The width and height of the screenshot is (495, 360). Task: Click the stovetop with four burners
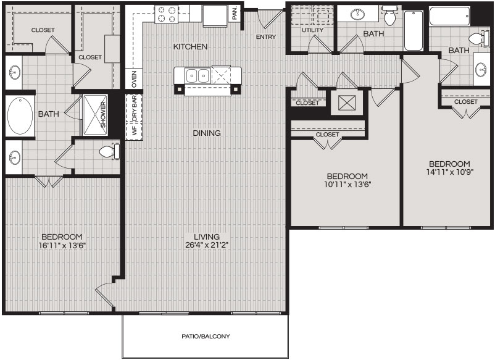click(167, 15)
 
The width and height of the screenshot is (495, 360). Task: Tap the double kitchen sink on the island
click(198, 76)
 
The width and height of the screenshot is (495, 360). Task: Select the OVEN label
click(134, 79)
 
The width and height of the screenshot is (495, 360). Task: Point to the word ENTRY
click(266, 37)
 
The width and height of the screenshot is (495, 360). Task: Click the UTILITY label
click(312, 30)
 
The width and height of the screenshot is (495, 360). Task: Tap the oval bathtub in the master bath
click(20, 115)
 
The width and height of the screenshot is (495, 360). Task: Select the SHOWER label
click(103, 115)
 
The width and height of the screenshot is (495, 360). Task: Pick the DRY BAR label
click(135, 109)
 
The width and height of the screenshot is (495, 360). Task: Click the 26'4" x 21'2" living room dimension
click(207, 245)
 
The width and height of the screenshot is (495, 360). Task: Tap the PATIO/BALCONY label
click(206, 337)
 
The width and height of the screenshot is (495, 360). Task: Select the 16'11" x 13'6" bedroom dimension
click(62, 245)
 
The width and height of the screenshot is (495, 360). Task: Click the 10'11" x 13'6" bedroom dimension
click(347, 185)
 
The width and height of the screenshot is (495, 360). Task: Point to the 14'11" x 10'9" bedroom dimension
click(449, 172)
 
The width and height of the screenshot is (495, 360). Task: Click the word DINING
click(207, 133)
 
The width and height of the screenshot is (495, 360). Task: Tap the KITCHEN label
click(190, 47)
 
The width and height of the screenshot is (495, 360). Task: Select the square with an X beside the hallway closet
click(347, 103)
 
